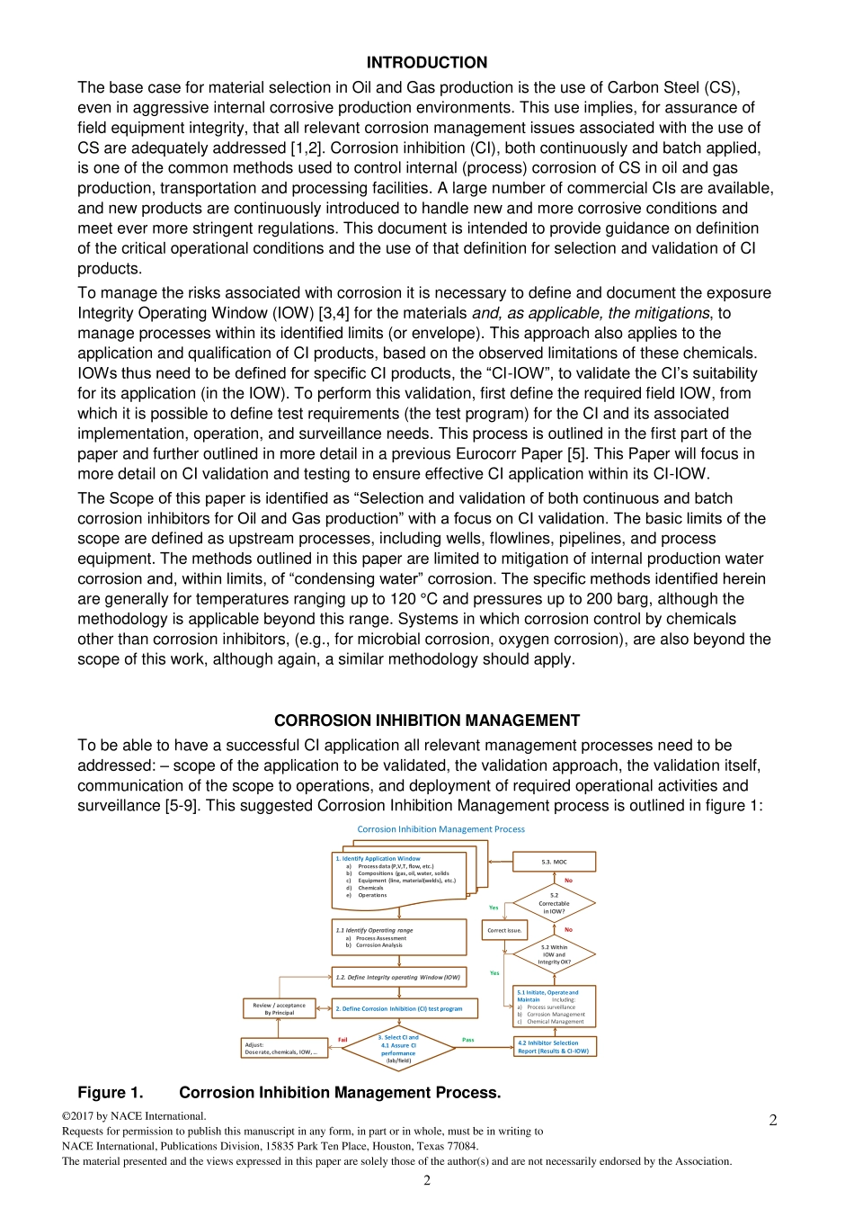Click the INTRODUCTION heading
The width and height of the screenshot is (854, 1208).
point(426,63)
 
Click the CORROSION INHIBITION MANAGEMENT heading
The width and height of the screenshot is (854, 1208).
point(426,720)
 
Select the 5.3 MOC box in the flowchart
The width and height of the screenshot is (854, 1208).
point(554,862)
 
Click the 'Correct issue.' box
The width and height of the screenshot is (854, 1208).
point(504,930)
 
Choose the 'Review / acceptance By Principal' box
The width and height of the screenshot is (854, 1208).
point(279,1008)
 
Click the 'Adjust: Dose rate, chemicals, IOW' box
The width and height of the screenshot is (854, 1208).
point(283,1048)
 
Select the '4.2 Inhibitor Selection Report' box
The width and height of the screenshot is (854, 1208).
point(554,1047)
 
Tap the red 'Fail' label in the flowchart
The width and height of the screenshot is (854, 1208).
point(342,1040)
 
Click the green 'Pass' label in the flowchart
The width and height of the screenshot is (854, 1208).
point(467,1040)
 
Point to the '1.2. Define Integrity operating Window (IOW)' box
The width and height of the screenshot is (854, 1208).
point(399,977)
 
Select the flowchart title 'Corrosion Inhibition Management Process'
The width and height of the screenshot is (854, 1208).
point(440,829)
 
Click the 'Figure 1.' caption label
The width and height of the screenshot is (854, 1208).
point(110,1093)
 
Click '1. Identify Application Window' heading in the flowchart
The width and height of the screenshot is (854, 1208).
point(378,858)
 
